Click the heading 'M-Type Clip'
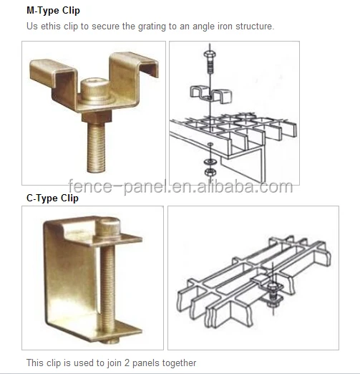tap(53, 11)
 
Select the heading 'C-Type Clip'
tap(52, 198)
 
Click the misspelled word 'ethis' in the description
tap(48, 27)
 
